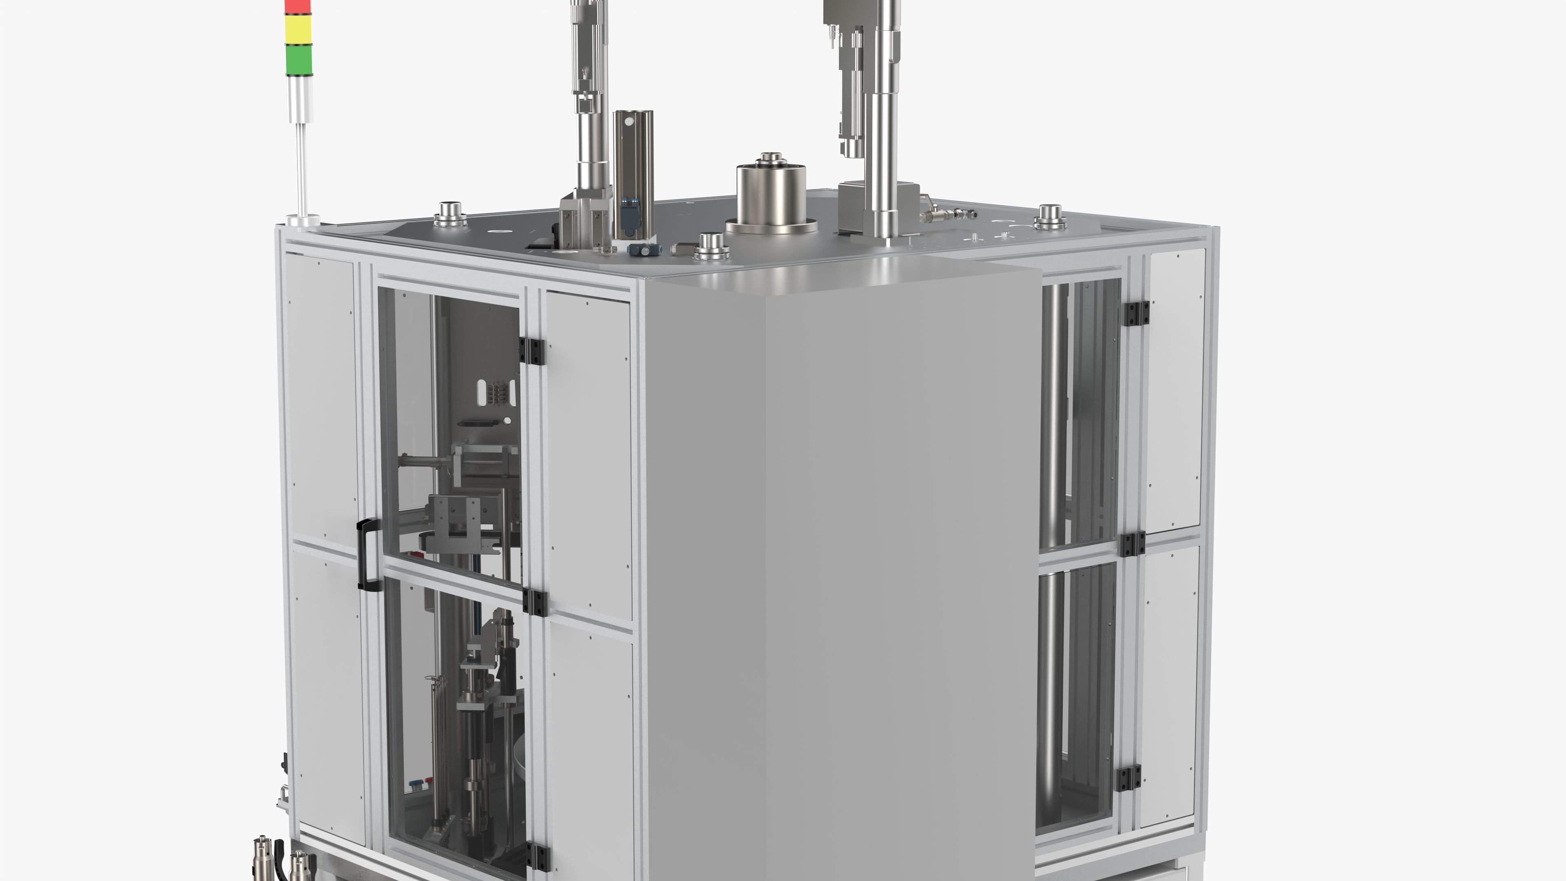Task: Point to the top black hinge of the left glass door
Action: tap(531, 352)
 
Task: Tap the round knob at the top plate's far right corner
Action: tap(1050, 217)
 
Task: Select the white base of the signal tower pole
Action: tap(304, 220)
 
